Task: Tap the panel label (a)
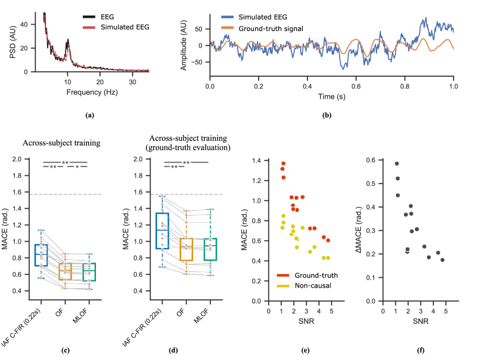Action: pos(89,115)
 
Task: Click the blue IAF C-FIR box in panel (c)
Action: pos(41,255)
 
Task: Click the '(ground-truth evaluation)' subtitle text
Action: pos(187,148)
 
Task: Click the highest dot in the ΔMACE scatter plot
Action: pos(397,164)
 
